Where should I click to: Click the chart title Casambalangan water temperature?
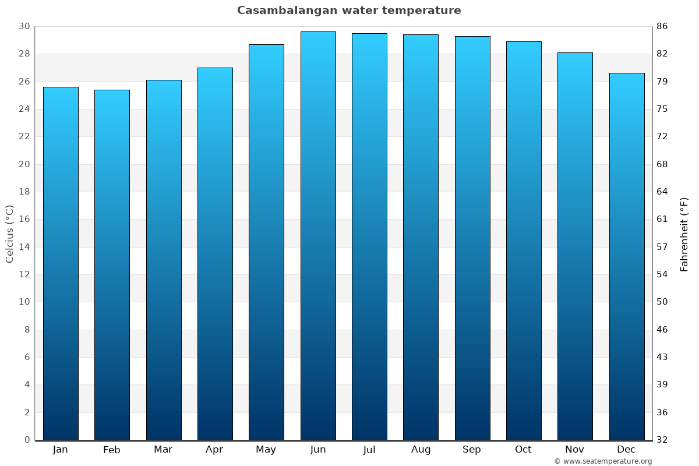point(349,10)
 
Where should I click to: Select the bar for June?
point(318,236)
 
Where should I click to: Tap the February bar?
point(112,265)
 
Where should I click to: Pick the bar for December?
point(627,256)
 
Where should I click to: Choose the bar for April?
point(215,254)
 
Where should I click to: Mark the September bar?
point(472,238)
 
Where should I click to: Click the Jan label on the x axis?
point(61,450)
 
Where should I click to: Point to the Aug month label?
point(421,450)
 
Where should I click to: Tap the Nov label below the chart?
point(575,450)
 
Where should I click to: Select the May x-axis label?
point(266,450)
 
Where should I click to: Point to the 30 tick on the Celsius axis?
point(24,26)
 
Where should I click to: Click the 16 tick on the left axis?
point(24,220)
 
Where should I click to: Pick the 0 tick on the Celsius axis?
point(27,440)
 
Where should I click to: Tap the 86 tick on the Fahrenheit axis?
point(662,26)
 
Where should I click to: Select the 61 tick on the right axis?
point(662,220)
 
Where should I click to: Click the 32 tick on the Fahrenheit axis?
point(662,440)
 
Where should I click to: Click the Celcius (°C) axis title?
point(9,234)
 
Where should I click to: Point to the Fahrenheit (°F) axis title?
point(684,234)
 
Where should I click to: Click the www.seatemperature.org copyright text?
point(603,461)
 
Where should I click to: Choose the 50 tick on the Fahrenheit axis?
point(662,302)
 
